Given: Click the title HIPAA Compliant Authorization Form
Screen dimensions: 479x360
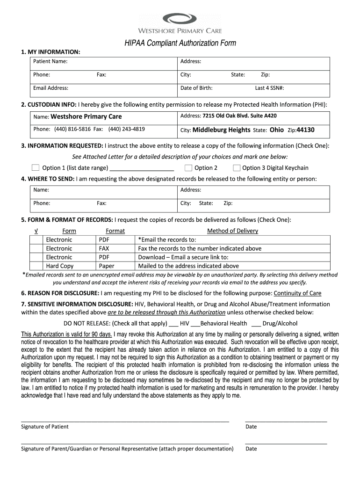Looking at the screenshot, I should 180,43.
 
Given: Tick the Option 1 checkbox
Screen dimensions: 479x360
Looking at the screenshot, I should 36,167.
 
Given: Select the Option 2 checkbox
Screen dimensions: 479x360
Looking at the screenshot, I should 188,167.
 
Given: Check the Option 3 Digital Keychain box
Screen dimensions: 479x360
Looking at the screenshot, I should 237,167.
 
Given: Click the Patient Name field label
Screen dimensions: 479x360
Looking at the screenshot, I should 50,61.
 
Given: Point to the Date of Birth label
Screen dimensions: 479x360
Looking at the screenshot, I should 196,87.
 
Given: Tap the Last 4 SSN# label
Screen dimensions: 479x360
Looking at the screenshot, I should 269,87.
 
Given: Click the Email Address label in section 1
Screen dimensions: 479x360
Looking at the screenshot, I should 50,87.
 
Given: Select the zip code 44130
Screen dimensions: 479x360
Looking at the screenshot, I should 306,130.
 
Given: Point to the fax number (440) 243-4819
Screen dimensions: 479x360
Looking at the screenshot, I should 126,129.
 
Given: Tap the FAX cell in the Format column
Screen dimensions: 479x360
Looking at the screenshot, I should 104,248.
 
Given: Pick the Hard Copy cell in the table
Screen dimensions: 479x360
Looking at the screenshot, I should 59,266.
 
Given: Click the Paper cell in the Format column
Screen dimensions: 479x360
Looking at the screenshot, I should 107,266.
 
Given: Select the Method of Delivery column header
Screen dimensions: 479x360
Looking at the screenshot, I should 232,231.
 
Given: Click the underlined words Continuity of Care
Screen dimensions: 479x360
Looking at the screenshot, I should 297,293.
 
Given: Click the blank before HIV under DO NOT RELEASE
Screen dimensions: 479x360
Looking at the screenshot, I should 173,324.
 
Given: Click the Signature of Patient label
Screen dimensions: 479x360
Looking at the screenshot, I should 45,426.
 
